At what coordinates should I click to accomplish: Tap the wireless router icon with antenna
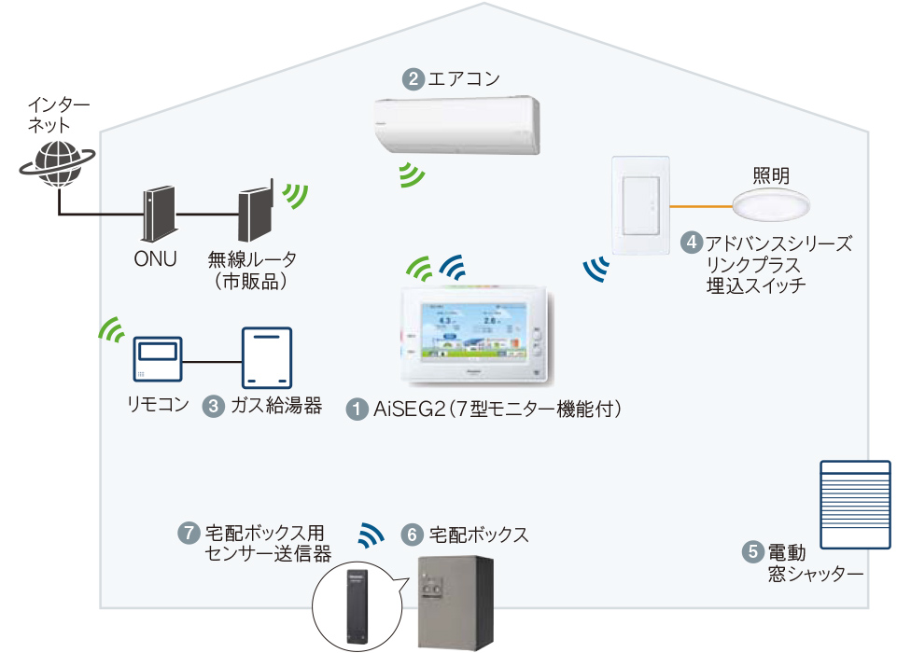tap(254, 215)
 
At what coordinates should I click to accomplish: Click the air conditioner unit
tap(456, 125)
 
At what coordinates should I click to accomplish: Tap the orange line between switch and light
tap(701, 205)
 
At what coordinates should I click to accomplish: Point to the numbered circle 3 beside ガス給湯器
tap(214, 406)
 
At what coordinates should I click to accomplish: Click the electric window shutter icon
tap(856, 505)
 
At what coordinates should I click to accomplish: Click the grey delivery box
tap(455, 602)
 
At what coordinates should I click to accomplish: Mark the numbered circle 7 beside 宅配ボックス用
tap(189, 534)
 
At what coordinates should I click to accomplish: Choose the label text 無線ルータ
tap(245, 260)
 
